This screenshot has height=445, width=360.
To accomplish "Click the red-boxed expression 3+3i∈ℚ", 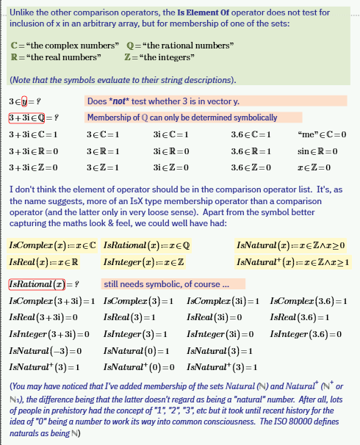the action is [34, 117].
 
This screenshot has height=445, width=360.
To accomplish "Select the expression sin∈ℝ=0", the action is [317, 151].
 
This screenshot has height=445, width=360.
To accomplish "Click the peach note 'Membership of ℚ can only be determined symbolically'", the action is [181, 117].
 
